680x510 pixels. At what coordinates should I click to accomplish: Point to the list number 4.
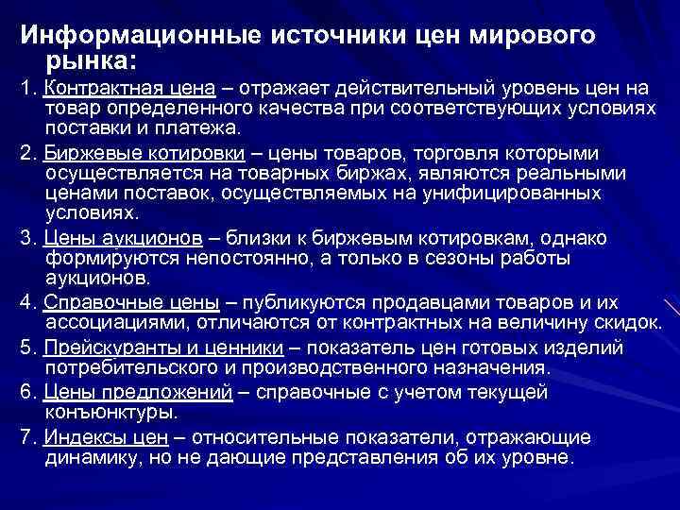[26, 302]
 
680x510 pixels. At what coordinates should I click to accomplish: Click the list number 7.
[26, 438]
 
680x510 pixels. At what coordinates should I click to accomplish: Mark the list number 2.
[26, 154]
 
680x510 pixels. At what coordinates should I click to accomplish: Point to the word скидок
[628, 323]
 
